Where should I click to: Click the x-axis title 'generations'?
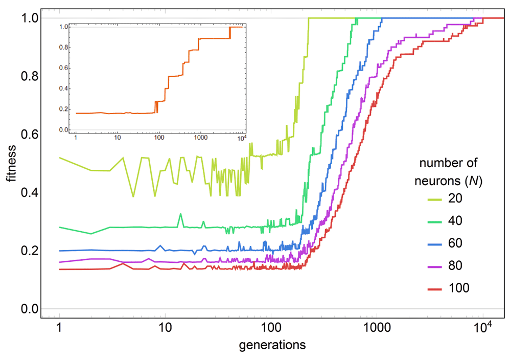click(272, 344)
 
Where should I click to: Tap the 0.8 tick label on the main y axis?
click(29, 76)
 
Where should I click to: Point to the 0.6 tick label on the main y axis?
click(29, 134)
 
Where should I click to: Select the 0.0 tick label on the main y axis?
click(29, 309)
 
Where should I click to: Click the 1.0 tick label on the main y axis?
click(29, 18)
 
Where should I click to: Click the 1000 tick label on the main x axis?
click(376, 329)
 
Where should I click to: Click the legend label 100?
click(458, 288)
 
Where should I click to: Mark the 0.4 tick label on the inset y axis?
click(64, 88)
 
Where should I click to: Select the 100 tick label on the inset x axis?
click(158, 138)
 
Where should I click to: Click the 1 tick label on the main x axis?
click(59, 329)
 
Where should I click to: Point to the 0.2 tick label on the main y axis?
click(29, 251)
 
